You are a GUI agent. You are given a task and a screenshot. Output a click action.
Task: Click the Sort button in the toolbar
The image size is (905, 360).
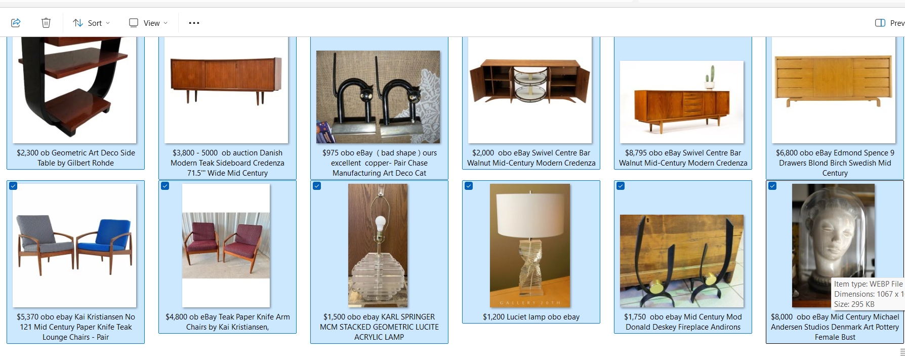91,23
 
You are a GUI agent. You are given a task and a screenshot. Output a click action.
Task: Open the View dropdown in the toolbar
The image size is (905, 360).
148,23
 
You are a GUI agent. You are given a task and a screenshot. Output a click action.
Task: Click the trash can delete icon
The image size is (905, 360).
46,23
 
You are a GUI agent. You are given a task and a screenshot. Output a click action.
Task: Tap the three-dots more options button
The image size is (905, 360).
194,23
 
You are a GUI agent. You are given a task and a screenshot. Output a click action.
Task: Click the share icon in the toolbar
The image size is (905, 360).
16,23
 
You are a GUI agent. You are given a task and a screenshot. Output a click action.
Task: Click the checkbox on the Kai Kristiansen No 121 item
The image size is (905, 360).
13,186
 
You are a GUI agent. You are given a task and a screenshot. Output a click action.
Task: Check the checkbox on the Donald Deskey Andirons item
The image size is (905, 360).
621,186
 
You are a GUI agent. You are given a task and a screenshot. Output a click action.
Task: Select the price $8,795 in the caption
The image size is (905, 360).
636,153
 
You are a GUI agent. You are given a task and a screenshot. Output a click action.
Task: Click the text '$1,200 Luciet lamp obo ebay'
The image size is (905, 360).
531,317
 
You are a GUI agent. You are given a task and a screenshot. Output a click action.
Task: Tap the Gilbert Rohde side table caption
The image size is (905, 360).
76,158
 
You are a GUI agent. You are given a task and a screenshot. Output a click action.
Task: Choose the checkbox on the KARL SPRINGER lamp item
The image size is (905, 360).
317,186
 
